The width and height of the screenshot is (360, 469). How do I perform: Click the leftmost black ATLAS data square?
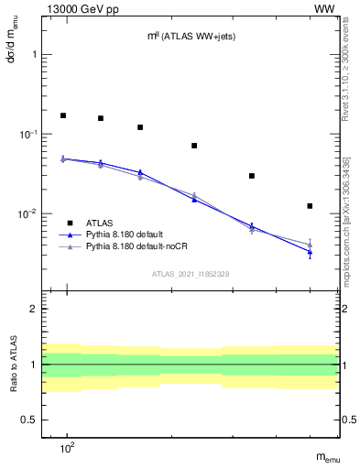63,115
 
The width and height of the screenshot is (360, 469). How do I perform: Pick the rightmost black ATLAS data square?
310,206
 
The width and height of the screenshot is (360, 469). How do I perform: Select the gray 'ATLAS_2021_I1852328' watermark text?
191,274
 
